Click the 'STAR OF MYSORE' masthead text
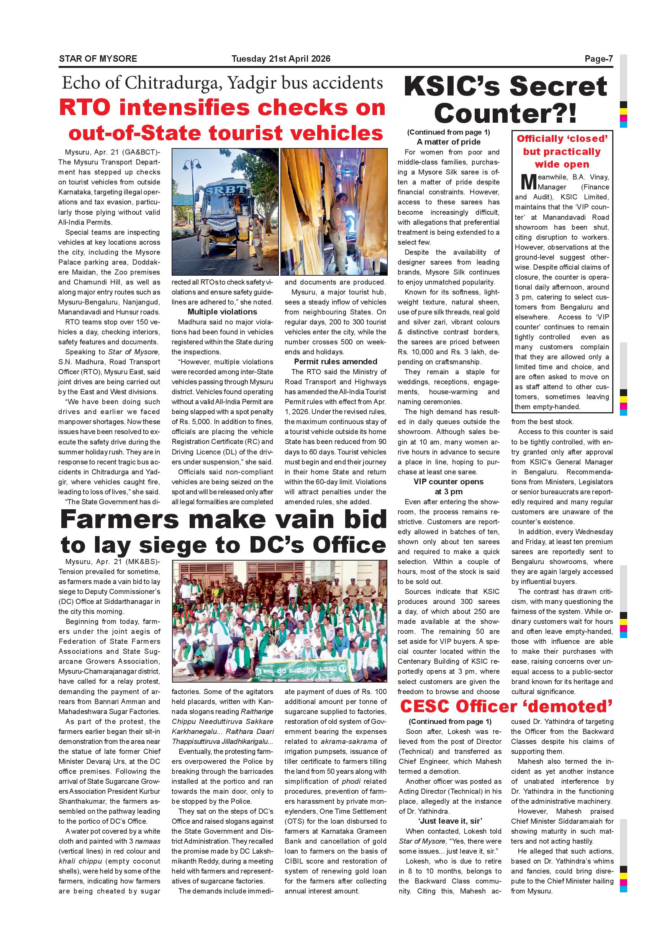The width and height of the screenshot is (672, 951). [x=98, y=59]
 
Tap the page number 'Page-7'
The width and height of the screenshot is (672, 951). [x=598, y=59]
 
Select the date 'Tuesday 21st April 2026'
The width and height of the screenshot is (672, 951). [x=281, y=59]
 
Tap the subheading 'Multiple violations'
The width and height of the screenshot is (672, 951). [x=222, y=312]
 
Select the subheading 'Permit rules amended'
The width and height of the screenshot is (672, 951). [x=335, y=362]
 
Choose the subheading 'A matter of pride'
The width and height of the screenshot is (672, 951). [x=449, y=142]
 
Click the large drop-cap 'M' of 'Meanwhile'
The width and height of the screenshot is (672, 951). [x=528, y=182]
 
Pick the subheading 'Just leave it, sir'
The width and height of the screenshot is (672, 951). [x=450, y=821]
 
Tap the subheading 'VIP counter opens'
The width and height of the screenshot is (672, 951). [x=449, y=482]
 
